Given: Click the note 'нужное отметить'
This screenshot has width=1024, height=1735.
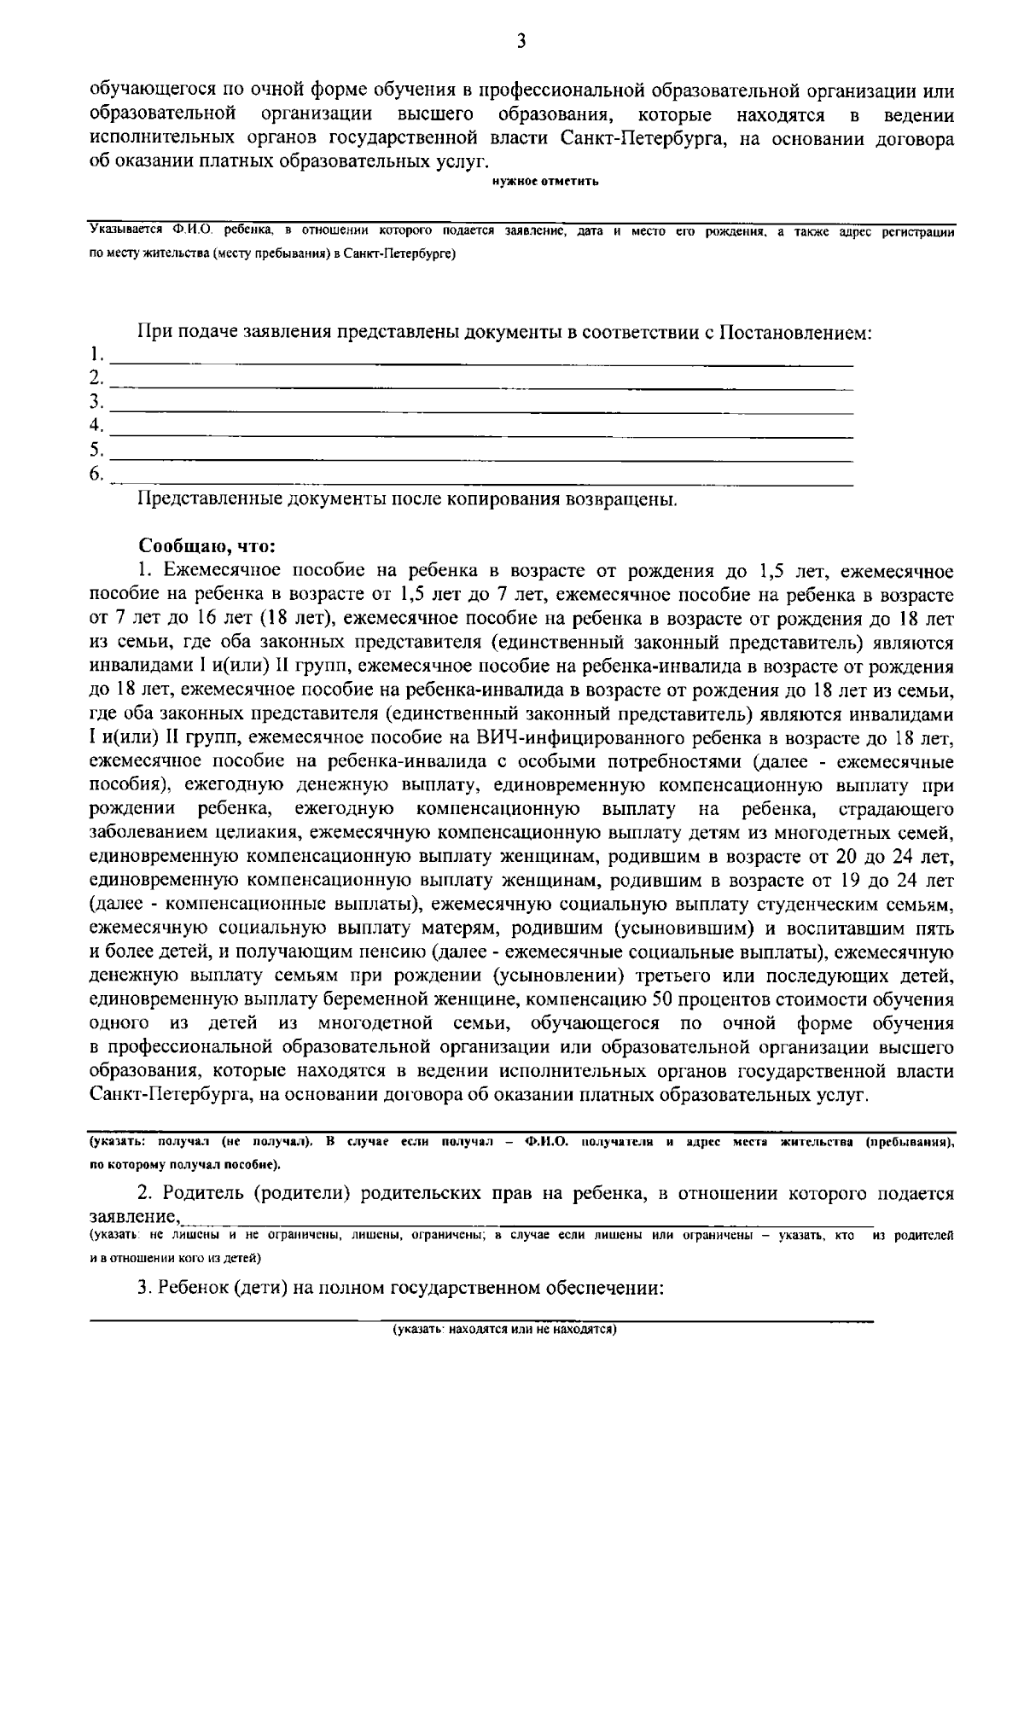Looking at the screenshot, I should pyautogui.click(x=545, y=180).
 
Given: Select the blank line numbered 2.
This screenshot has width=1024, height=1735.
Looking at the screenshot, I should pyautogui.click(x=482, y=387).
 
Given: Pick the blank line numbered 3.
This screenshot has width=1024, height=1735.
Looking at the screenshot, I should pyautogui.click(x=482, y=410).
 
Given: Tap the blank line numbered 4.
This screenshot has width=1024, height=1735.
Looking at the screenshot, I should pyautogui.click(x=482, y=434).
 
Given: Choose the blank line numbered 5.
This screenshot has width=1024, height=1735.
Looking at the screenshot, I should pyautogui.click(x=482, y=458).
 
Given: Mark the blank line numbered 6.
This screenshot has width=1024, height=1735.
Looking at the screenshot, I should pyautogui.click(x=482, y=482).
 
